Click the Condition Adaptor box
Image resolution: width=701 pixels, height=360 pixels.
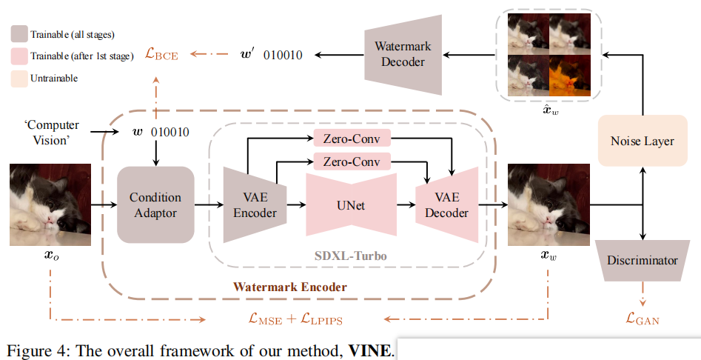click(155, 205)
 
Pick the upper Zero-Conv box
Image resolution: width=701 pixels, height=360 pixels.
click(352, 139)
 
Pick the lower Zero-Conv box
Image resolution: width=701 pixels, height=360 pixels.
click(352, 161)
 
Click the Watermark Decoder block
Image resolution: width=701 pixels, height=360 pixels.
click(403, 54)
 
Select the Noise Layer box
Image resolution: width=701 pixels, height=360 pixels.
click(642, 141)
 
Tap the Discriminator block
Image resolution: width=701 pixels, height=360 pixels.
click(642, 261)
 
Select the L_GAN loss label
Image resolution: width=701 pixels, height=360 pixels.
click(642, 319)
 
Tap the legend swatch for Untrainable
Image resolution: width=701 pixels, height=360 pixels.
click(19, 78)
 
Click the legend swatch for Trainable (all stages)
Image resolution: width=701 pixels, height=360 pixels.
click(19, 34)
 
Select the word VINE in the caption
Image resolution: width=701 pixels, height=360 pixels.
click(369, 349)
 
